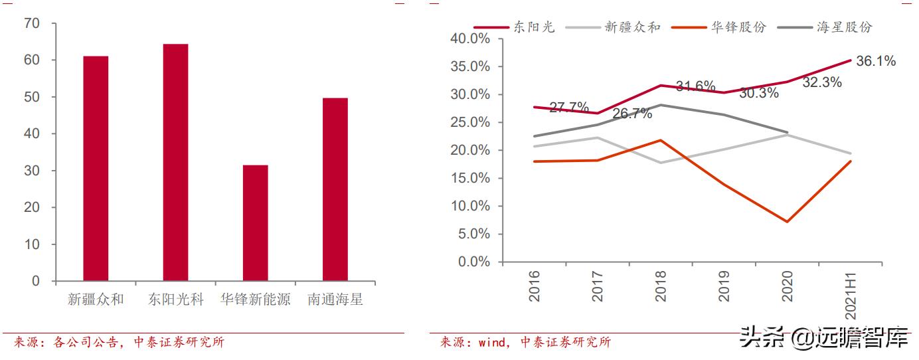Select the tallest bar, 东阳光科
pyautogui.click(x=175, y=162)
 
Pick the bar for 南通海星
pyautogui.click(x=335, y=189)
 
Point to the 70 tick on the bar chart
pyautogui.click(x=31, y=23)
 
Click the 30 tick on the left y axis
pyautogui.click(x=31, y=171)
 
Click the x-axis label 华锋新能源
pyautogui.click(x=255, y=300)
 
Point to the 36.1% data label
pyautogui.click(x=876, y=61)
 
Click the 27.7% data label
pyautogui.click(x=569, y=108)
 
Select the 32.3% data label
pyautogui.click(x=822, y=82)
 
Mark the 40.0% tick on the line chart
pyautogui.click(x=470, y=39)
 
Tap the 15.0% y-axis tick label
pyautogui.click(x=470, y=178)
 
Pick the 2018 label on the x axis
pyautogui.click(x=661, y=286)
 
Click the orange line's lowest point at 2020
pyautogui.click(x=788, y=221)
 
